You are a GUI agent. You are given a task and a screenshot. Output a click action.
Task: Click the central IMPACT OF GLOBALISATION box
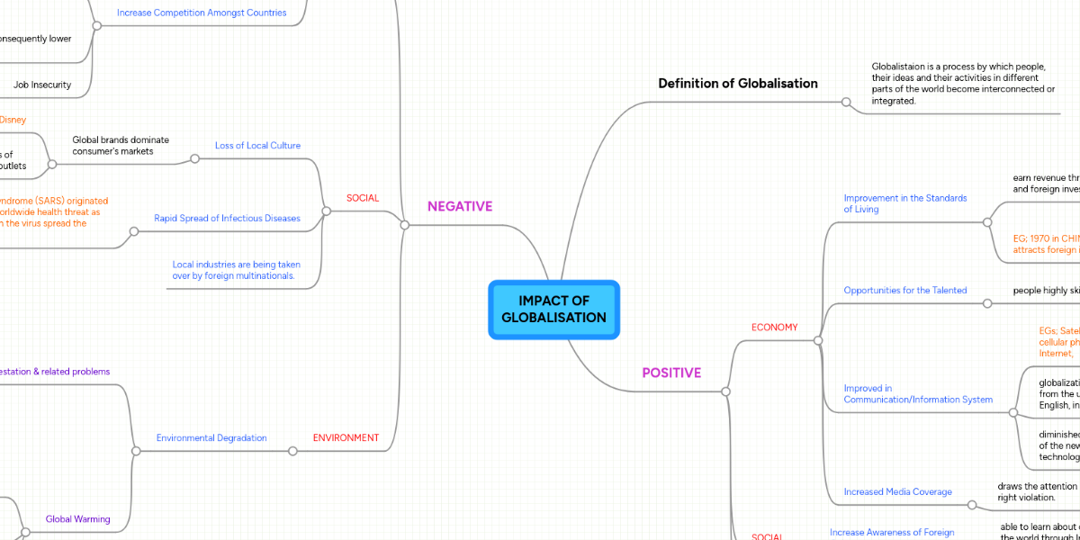(553, 310)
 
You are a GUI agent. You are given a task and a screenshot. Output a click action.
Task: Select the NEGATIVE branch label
(460, 206)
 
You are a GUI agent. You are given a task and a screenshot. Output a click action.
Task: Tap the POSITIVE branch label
(671, 373)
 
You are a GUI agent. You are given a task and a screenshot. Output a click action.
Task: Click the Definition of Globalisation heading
(738, 84)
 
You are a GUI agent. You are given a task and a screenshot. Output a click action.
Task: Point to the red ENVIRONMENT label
(346, 438)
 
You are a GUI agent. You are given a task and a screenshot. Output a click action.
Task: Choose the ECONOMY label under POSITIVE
(774, 328)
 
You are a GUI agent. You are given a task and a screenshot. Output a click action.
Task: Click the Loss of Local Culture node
(257, 146)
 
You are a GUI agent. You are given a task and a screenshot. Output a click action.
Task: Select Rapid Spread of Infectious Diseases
(227, 219)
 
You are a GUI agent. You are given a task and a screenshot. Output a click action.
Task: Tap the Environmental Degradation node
(211, 438)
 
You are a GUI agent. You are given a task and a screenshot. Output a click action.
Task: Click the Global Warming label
(78, 519)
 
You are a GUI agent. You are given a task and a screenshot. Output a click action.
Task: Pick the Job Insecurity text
(42, 85)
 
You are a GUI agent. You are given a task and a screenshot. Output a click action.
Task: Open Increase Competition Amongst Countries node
(202, 13)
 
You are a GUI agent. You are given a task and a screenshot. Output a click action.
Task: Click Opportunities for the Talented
(904, 291)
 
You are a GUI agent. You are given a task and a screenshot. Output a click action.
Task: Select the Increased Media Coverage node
(897, 492)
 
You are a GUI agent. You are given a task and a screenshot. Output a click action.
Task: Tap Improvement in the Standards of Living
(904, 203)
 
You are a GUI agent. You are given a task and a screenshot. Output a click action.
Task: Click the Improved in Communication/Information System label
(918, 394)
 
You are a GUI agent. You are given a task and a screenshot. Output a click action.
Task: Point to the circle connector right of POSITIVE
(725, 391)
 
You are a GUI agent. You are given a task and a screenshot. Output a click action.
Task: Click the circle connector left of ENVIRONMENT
(292, 451)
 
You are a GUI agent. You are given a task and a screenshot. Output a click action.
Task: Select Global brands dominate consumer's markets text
(121, 146)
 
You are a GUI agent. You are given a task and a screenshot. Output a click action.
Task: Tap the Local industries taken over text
(236, 270)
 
